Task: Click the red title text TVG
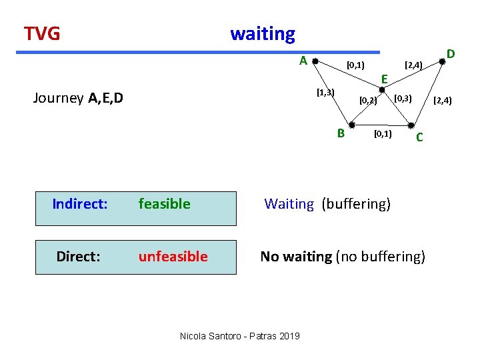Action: tap(42, 33)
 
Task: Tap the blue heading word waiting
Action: tap(262, 33)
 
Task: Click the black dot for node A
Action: tap(315, 61)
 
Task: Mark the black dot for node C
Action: tap(411, 125)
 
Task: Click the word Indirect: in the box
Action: tap(80, 204)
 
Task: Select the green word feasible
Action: tap(164, 204)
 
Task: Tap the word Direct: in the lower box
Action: tap(79, 256)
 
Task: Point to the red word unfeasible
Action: tap(173, 256)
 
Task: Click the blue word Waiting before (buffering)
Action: tap(289, 204)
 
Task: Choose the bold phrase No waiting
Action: tap(296, 256)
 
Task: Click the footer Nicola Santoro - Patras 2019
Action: tap(239, 336)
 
